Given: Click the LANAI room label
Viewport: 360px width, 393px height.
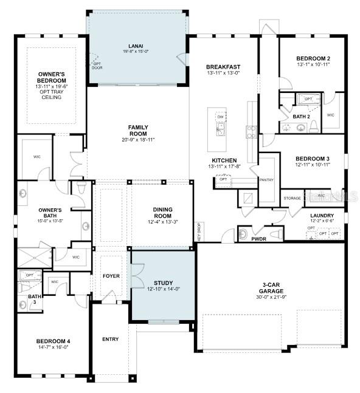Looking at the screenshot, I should [x=136, y=45].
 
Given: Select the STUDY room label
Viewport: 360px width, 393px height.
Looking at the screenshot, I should [x=163, y=282].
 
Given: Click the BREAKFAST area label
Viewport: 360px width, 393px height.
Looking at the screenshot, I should [x=223, y=67].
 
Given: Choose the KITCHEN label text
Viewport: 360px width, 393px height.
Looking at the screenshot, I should [x=223, y=159].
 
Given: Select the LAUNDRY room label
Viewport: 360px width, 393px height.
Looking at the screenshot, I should [x=322, y=215].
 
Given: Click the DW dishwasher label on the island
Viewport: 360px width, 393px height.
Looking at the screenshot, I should [x=220, y=116].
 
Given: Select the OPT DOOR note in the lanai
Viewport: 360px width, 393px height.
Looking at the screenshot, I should [x=95, y=66].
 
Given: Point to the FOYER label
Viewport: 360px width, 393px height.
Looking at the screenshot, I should [x=111, y=276].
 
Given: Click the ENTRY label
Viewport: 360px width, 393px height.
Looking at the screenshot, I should [x=111, y=339].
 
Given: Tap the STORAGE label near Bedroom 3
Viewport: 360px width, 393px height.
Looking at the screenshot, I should [x=293, y=197].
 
